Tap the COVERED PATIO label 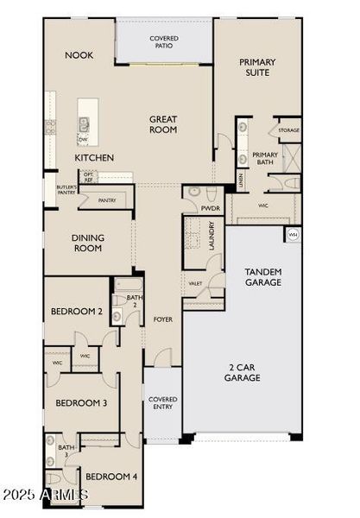click(164, 42)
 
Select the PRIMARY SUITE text click(256, 67)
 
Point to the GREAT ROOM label click(163, 124)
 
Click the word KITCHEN click(95, 158)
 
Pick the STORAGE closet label click(288, 131)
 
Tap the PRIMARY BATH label click(265, 159)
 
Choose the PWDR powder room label click(211, 208)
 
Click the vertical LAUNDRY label click(212, 236)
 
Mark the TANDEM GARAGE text click(263, 276)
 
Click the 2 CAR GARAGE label click(243, 371)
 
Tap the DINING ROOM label click(86, 243)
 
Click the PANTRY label click(107, 200)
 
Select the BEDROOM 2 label click(77, 312)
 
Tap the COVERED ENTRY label click(162, 403)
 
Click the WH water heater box click(294, 234)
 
